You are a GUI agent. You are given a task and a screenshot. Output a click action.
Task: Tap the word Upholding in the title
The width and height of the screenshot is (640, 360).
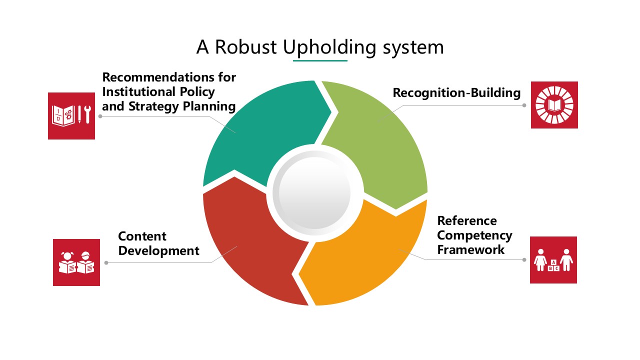click(x=329, y=47)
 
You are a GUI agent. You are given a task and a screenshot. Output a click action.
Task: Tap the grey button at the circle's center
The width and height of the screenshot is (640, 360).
click(x=315, y=193)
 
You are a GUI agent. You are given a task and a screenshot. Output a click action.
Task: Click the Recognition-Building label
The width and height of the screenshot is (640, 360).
click(x=456, y=93)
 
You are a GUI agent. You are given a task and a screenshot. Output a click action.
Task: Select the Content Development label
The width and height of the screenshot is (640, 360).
click(x=158, y=243)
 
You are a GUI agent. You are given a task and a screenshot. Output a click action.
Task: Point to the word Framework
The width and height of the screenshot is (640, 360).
click(x=471, y=249)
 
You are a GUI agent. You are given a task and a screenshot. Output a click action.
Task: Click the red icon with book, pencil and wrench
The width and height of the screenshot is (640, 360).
click(x=71, y=116)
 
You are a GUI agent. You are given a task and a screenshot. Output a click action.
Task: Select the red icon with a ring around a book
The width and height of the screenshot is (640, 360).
click(x=554, y=105)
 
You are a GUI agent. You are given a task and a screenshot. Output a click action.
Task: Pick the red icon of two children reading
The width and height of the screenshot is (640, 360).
click(x=76, y=262)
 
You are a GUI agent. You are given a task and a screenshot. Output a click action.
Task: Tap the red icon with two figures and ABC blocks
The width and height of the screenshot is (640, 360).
click(x=553, y=260)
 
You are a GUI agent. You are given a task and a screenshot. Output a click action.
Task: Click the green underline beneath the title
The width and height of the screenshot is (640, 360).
click(x=320, y=60)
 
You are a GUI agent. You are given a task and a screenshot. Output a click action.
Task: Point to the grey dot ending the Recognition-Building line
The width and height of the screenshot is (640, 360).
click(x=524, y=105)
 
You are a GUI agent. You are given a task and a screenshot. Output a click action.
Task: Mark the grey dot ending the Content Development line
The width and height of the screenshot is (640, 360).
click(x=105, y=262)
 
